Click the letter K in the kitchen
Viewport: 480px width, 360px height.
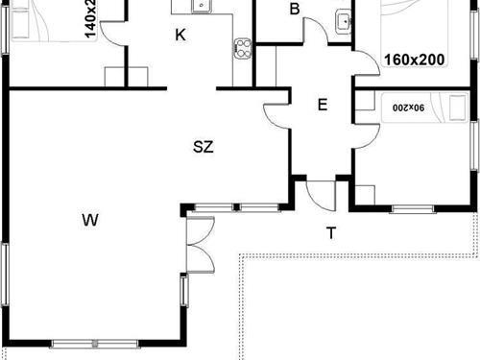pos(180,36)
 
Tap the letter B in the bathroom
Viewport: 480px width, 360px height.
pos(295,10)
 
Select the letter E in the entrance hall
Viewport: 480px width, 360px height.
pos(323,105)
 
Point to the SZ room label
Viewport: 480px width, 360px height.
pos(203,148)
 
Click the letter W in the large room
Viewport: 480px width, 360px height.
pos(89,221)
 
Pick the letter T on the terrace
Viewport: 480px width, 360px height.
pos(330,233)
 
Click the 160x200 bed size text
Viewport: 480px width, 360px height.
pos(414,60)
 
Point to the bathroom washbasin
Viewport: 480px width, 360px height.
pos(342,22)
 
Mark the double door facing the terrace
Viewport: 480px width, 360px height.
pos(199,244)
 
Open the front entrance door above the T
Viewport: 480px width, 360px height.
pos(318,193)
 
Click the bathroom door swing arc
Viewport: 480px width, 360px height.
pos(316,30)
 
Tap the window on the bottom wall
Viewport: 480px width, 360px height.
pos(87,344)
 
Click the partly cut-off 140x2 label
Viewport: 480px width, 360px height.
pos(90,17)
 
